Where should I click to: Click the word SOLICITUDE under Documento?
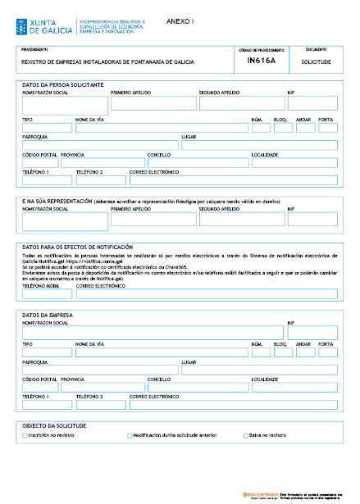point(316,61)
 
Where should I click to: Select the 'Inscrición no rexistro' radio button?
point(22,436)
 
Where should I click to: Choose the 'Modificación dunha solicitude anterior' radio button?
point(130,436)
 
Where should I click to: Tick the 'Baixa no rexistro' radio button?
point(245,436)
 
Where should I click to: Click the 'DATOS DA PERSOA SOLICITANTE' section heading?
point(62,85)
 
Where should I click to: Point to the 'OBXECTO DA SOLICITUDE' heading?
point(55,426)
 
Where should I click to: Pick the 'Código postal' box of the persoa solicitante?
point(39,162)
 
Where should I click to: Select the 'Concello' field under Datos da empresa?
point(197,388)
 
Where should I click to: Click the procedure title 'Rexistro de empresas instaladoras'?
point(107,61)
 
